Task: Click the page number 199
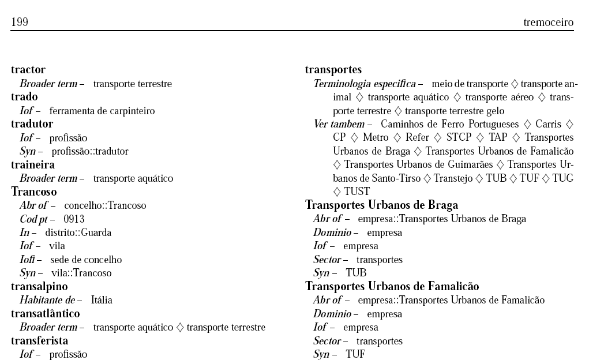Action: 20,22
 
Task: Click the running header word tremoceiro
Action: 548,22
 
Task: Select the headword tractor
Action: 28,70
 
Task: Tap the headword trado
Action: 24,96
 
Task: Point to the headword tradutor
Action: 32,123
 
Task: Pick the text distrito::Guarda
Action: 78,232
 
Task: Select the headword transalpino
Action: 39,287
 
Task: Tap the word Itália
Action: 102,300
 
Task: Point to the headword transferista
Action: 39,341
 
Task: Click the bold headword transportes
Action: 333,70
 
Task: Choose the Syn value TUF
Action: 355,354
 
